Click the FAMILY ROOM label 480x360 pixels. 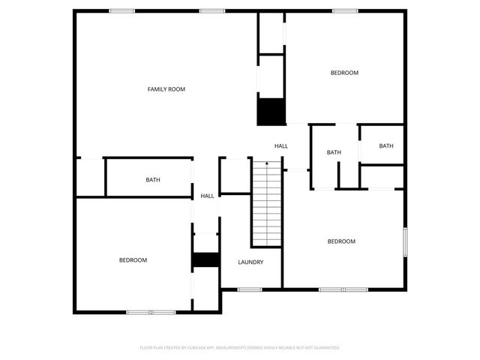(x=166, y=89)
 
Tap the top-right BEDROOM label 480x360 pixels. (x=344, y=73)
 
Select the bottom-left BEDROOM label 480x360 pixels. (x=133, y=260)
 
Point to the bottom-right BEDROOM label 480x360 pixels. (x=340, y=241)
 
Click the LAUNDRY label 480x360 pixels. (x=250, y=262)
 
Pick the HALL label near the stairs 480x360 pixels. (x=281, y=146)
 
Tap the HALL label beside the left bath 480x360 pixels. (x=207, y=196)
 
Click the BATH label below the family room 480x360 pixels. (x=153, y=180)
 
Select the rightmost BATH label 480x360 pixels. (x=386, y=146)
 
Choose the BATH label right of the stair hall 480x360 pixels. (x=334, y=153)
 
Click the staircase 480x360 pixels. (x=266, y=206)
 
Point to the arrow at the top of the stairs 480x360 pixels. (x=266, y=163)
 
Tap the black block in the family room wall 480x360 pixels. (x=271, y=112)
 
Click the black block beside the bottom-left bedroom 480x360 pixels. (x=205, y=259)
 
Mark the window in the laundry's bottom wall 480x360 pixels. (x=248, y=289)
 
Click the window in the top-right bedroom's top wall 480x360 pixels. (x=344, y=10)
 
